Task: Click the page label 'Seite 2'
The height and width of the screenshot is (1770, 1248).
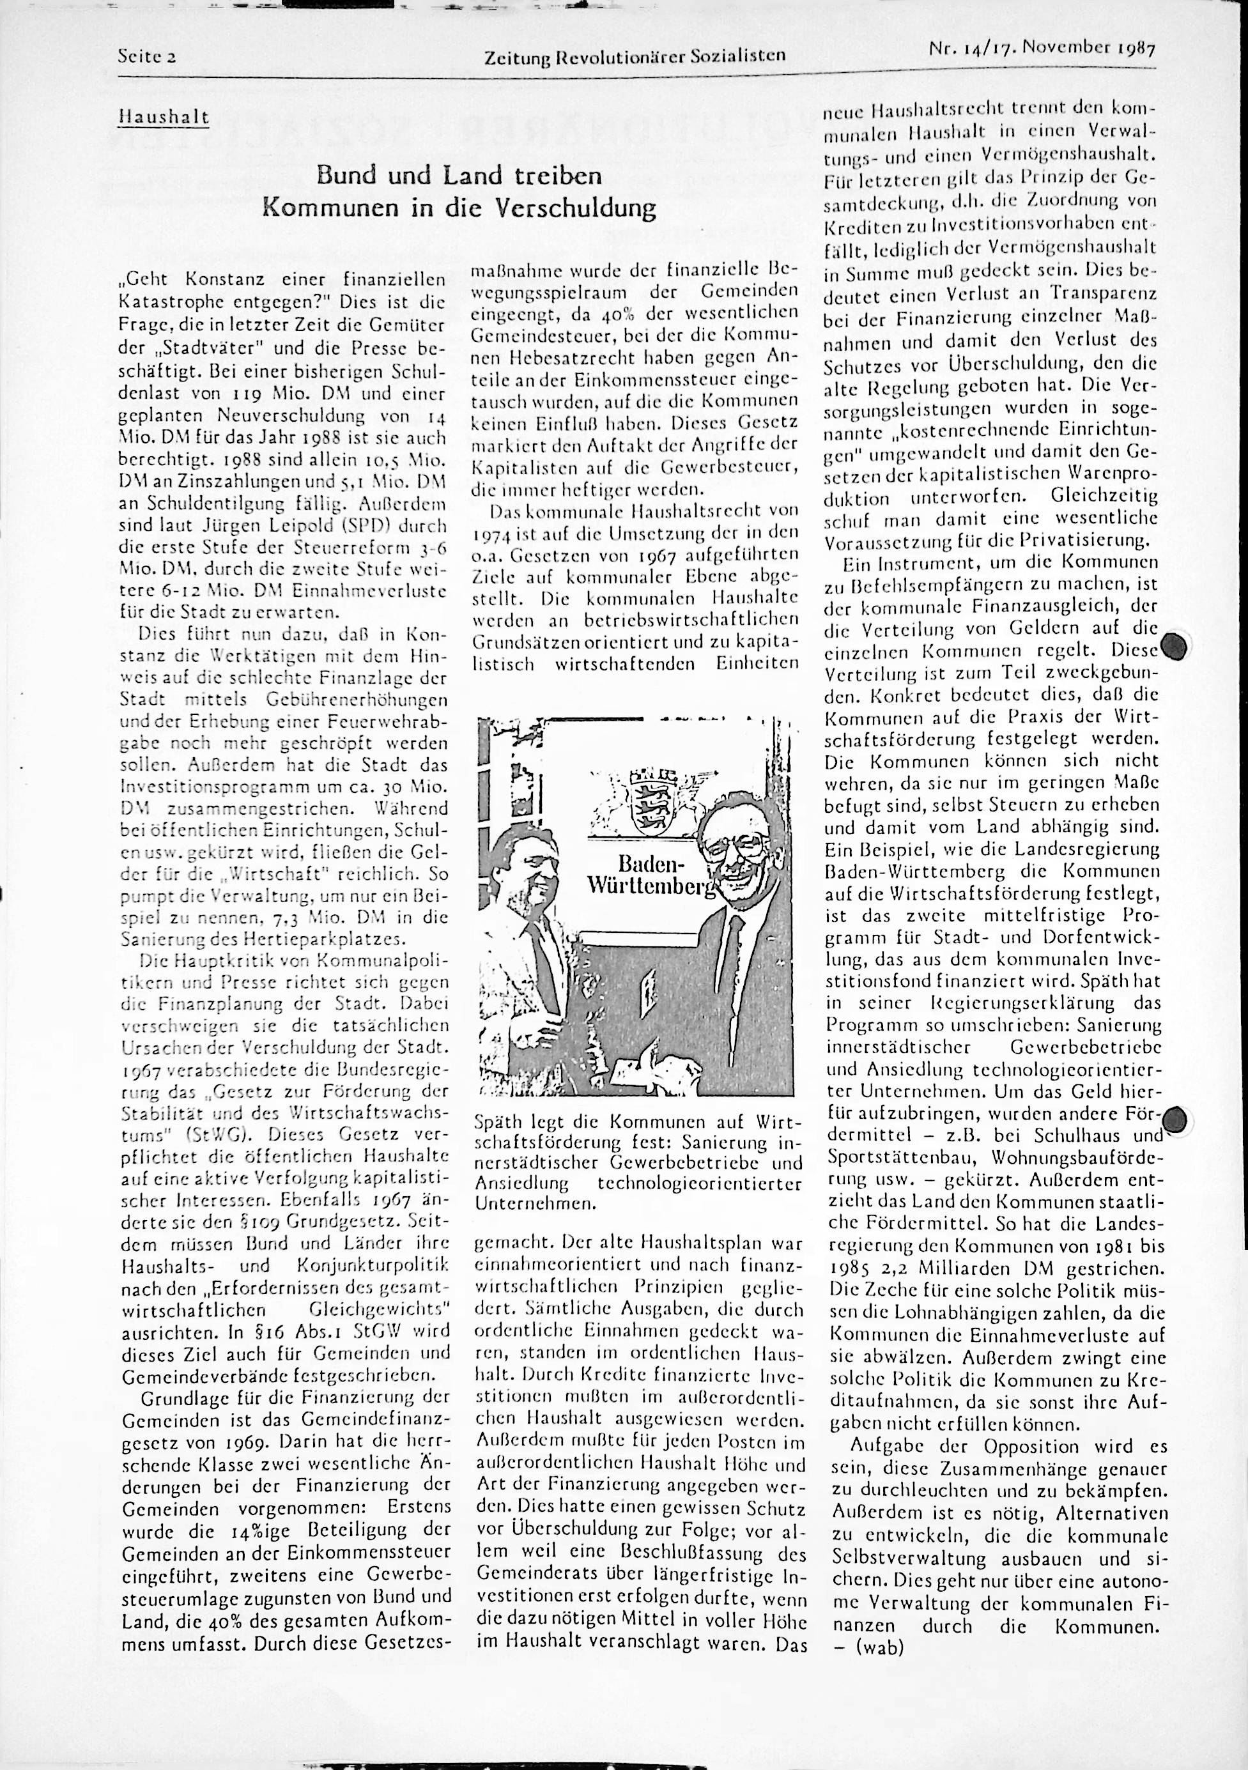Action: pyautogui.click(x=147, y=56)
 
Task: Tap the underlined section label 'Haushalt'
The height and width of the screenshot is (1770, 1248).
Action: pyautogui.click(x=163, y=116)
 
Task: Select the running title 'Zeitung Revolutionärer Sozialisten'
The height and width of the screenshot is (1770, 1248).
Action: pyautogui.click(x=635, y=56)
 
